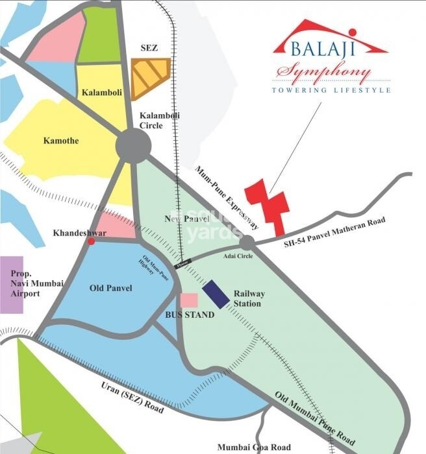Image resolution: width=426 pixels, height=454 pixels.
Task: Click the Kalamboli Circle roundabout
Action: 133,145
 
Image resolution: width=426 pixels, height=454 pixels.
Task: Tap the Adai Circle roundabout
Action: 247,243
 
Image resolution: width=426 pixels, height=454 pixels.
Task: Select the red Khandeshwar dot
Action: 92,241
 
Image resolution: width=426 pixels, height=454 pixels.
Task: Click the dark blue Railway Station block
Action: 216,295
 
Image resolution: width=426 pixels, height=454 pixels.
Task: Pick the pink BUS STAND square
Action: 188,300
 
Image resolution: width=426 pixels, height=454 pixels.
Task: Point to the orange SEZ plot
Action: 150,77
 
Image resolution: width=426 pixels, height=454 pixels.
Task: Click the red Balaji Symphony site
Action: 266,205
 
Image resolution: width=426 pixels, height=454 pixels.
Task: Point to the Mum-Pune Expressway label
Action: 227,197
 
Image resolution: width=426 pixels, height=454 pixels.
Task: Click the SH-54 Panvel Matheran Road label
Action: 336,233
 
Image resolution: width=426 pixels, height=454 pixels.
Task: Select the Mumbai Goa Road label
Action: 254,447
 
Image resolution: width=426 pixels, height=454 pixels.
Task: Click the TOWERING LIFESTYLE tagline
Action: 331,90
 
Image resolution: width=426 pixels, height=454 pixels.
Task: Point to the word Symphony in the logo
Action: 323,72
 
